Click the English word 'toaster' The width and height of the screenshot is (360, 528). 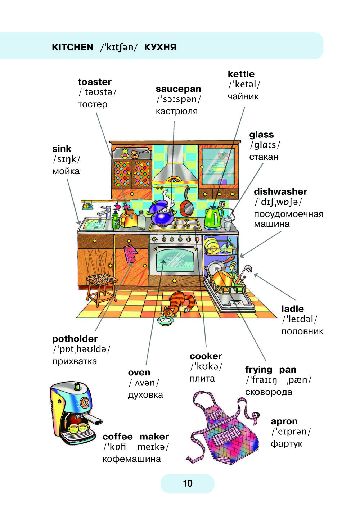coord(94,82)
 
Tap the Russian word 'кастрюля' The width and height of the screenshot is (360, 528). coord(176,111)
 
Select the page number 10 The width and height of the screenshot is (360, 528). coord(188,483)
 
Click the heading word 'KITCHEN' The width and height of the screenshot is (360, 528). coord(72,47)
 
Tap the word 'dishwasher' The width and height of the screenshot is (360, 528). coord(280,191)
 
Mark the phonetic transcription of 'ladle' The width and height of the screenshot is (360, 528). coord(299,319)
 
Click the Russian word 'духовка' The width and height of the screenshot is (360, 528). coord(145,395)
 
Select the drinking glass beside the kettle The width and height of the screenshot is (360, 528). coord(228,224)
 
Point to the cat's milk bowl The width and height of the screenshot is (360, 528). coord(166,320)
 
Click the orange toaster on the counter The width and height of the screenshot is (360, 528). coord(128,218)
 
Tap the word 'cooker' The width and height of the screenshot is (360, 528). coord(206,356)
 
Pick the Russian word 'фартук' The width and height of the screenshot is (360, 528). coord(286,444)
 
